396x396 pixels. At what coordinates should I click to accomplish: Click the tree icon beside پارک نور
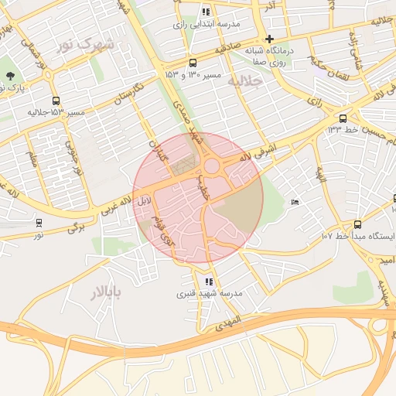pyautogui.click(x=10, y=76)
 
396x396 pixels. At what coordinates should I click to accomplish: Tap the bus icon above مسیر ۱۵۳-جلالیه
pyautogui.click(x=56, y=101)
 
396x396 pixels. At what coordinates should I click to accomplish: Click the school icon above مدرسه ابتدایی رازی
pyautogui.click(x=205, y=12)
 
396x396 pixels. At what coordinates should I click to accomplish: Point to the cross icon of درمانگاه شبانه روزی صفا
pyautogui.click(x=269, y=39)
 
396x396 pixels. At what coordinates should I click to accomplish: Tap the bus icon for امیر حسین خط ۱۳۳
pyautogui.click(x=343, y=118)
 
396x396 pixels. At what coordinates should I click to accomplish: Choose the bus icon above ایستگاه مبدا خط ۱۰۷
pyautogui.click(x=357, y=224)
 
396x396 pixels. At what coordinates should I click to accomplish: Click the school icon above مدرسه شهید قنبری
pyautogui.click(x=209, y=282)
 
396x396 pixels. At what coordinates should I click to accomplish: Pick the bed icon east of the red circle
pyautogui.click(x=295, y=203)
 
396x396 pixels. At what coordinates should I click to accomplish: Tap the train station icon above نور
pyautogui.click(x=39, y=223)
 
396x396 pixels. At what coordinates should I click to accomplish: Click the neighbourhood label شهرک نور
pyautogui.click(x=85, y=44)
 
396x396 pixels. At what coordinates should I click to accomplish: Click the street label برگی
pyautogui.click(x=74, y=227)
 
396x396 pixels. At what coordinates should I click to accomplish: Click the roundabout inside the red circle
pyautogui.click(x=210, y=166)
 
